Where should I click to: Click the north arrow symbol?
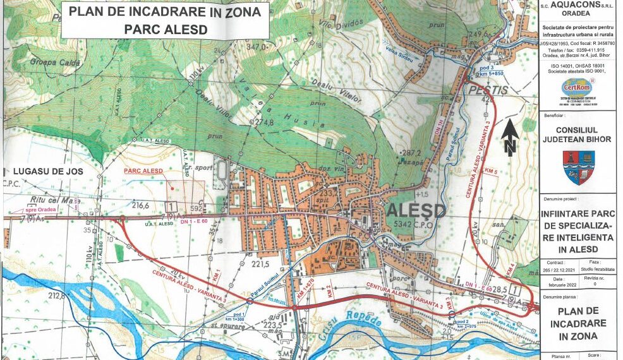(x=510, y=136)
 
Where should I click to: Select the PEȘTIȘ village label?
(x=487, y=90)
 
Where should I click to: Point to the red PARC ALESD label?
(x=143, y=171)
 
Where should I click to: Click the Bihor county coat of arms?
(x=578, y=166)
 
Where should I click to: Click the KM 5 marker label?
(x=491, y=171)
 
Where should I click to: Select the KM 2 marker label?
(x=327, y=291)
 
